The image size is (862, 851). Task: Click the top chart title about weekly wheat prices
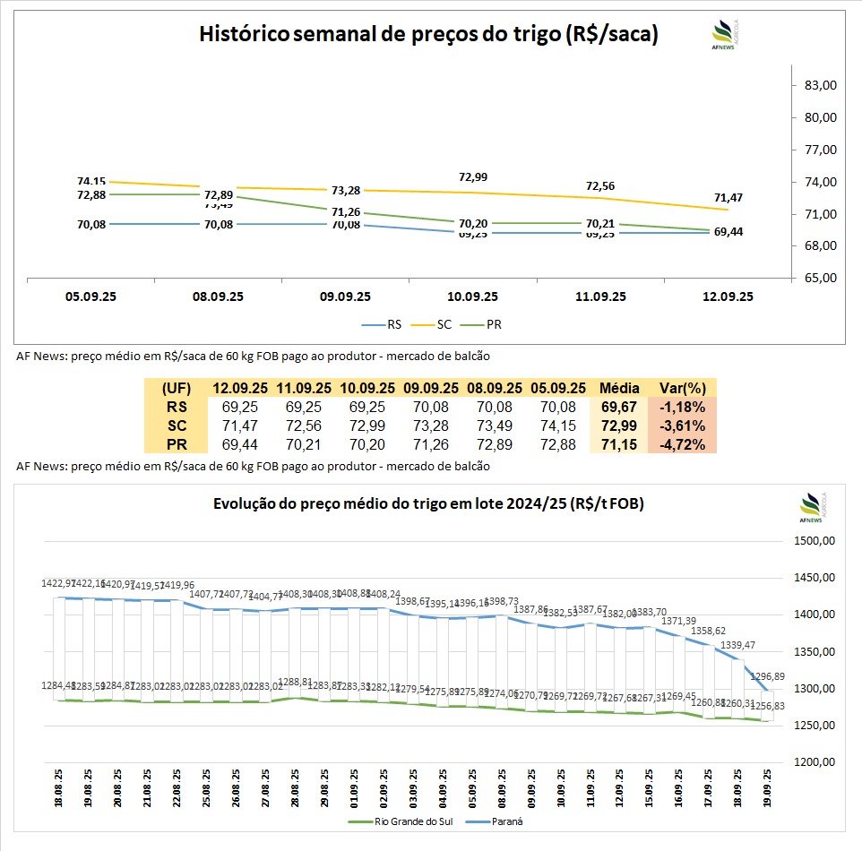[x=428, y=35]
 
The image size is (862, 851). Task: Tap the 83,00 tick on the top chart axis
[x=821, y=85]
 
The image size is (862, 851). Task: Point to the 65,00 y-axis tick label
[x=821, y=278]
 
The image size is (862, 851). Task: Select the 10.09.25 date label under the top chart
[x=473, y=297]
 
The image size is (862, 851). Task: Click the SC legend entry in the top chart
[x=437, y=325]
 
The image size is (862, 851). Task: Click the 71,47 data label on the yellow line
[x=728, y=197]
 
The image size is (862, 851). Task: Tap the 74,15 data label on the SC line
[x=91, y=181]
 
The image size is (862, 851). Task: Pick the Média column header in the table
[x=617, y=388]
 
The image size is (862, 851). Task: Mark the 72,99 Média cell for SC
[x=617, y=425]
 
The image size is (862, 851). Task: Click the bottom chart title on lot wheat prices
[x=428, y=504]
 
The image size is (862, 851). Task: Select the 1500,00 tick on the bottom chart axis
[x=816, y=541]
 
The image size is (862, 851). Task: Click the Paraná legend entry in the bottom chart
[x=503, y=820]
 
